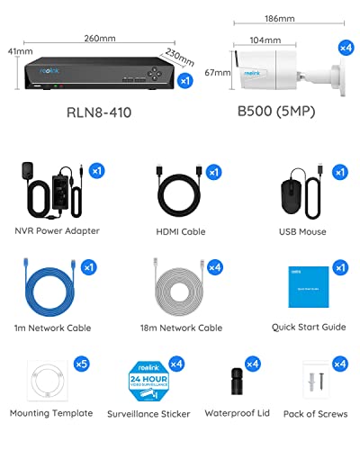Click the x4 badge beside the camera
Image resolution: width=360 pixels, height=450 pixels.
[x=345, y=47]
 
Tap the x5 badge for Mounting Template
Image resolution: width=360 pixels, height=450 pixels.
[x=82, y=364]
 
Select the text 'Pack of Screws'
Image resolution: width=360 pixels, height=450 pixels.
[x=310, y=413]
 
